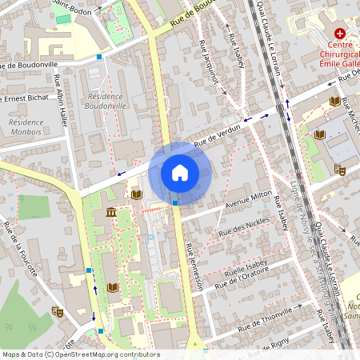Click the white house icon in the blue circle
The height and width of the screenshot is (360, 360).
[180, 173]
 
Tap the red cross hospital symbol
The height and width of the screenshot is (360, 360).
[340, 34]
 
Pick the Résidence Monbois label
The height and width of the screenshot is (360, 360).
[26, 127]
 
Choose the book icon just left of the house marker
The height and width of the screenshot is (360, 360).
[136, 194]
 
